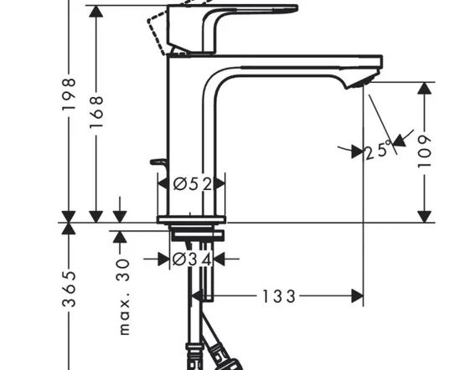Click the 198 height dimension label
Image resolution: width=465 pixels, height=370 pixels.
pyautogui.click(x=69, y=95)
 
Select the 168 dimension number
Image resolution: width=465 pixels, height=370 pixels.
pyautogui.click(x=96, y=112)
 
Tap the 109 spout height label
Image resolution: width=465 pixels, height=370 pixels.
pyautogui.click(x=425, y=152)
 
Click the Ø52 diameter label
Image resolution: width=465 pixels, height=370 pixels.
pyautogui.click(x=193, y=184)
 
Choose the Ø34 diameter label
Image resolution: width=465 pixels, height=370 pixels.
pyautogui.click(x=192, y=260)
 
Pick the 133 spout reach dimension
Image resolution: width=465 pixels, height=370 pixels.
pyautogui.click(x=279, y=296)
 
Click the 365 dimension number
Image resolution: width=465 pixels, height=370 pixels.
pyautogui.click(x=69, y=289)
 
